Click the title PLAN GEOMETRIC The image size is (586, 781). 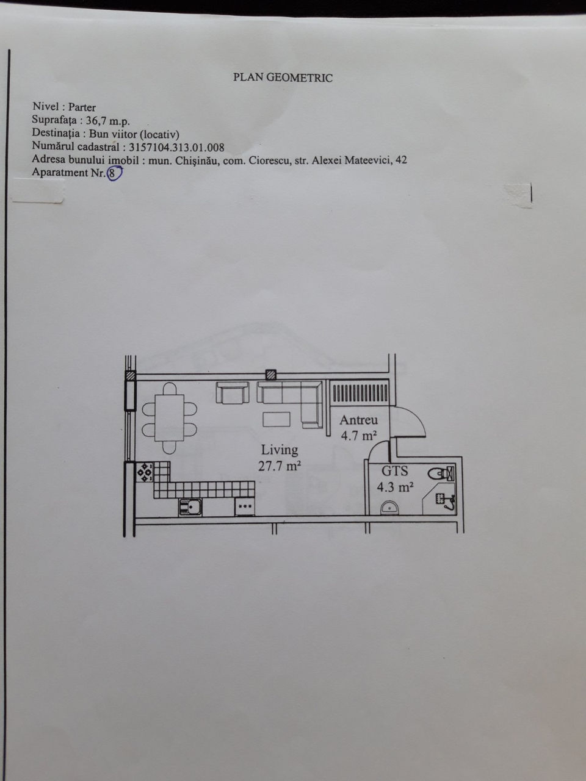pyautogui.click(x=283, y=77)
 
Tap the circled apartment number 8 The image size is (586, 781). pyautogui.click(x=112, y=173)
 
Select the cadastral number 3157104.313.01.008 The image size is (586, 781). pyautogui.click(x=176, y=147)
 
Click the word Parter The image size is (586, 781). pyautogui.click(x=82, y=107)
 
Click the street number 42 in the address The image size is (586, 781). pyautogui.click(x=401, y=160)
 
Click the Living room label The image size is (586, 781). pyautogui.click(x=280, y=450)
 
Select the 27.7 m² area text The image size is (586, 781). pyautogui.click(x=280, y=466)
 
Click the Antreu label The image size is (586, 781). pyautogui.click(x=359, y=420)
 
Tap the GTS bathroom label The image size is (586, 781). pyautogui.click(x=394, y=471)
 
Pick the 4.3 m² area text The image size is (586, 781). pyautogui.click(x=395, y=487)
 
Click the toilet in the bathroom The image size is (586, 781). pyautogui.click(x=441, y=473)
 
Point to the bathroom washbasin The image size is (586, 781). pyautogui.click(x=389, y=508)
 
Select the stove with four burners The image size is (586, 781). pyautogui.click(x=145, y=472)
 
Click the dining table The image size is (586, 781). pyautogui.click(x=169, y=418)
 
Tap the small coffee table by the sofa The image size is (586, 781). pyautogui.click(x=277, y=419)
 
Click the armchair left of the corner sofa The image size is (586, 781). pyautogui.click(x=233, y=393)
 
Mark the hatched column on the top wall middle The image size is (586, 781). pyautogui.click(x=271, y=375)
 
